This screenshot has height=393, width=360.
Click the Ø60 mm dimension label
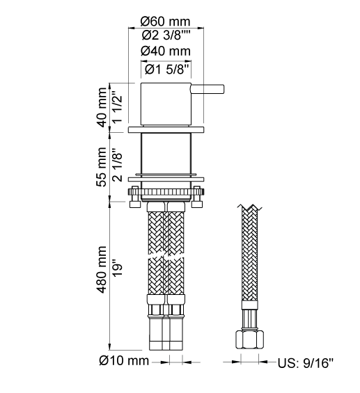[x=165, y=22]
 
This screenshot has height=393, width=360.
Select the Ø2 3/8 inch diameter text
[x=166, y=35]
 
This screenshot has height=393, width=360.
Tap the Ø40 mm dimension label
[x=166, y=51]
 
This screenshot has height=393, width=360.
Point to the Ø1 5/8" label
[x=166, y=70]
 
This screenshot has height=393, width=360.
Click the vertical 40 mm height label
[x=102, y=107]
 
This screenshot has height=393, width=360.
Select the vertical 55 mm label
[x=102, y=167]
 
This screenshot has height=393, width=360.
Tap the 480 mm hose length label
[x=102, y=269]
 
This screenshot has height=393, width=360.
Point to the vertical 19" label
[x=117, y=269]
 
